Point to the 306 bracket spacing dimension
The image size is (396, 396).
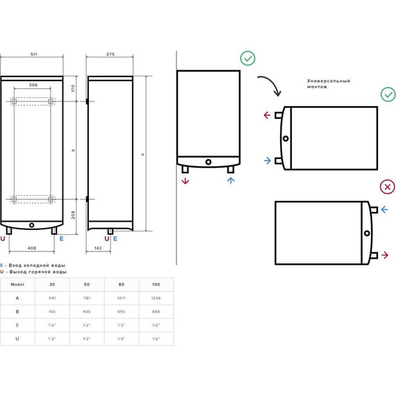[33, 85]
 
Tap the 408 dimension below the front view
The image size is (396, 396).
[31, 247]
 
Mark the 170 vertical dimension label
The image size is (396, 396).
[72, 88]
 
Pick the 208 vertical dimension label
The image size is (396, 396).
[72, 215]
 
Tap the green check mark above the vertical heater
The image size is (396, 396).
[247, 58]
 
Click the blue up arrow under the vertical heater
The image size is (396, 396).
[231, 181]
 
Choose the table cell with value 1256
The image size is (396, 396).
[155, 298]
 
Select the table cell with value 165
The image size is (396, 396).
[52, 312]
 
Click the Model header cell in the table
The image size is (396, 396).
[17, 284]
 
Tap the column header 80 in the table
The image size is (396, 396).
[121, 284]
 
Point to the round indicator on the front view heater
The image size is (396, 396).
[32, 224]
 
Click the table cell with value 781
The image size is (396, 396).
[86, 298]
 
